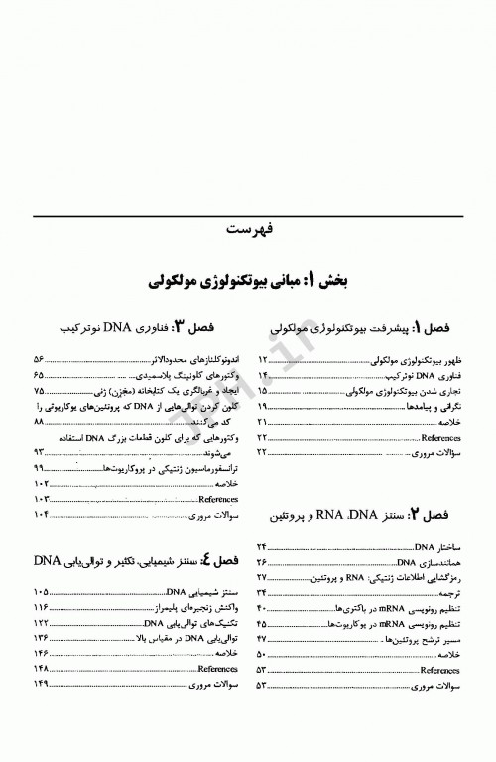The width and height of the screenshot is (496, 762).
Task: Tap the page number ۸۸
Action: click(x=40, y=421)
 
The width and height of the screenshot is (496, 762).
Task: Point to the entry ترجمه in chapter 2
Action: click(x=451, y=593)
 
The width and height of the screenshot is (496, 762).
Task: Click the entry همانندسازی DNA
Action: click(x=434, y=562)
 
